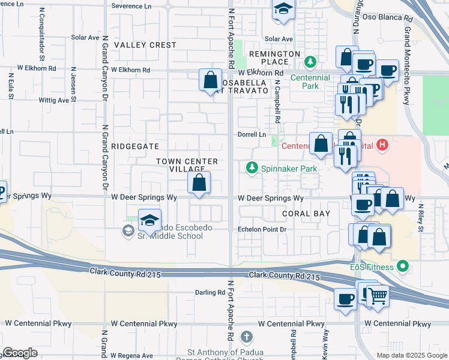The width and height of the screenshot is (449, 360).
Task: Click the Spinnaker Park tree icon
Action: pyautogui.click(x=253, y=168)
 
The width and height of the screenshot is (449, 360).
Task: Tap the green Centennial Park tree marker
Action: pyautogui.click(x=310, y=61)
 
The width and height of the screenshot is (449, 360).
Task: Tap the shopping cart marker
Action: pyautogui.click(x=377, y=295)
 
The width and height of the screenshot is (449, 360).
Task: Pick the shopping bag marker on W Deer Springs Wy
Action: pyautogui.click(x=199, y=182)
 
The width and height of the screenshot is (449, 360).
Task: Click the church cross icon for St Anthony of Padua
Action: pyautogui.click(x=246, y=337)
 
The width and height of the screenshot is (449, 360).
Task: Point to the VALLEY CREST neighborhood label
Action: pyautogui.click(x=145, y=45)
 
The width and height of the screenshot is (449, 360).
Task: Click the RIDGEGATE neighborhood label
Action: pyautogui.click(x=134, y=146)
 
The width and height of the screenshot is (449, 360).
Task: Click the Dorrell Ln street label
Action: pyautogui.click(x=252, y=134)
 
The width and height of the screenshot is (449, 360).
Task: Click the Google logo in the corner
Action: pyautogui.click(x=20, y=352)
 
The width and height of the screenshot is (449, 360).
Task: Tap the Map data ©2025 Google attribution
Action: pyautogui.click(x=411, y=355)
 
